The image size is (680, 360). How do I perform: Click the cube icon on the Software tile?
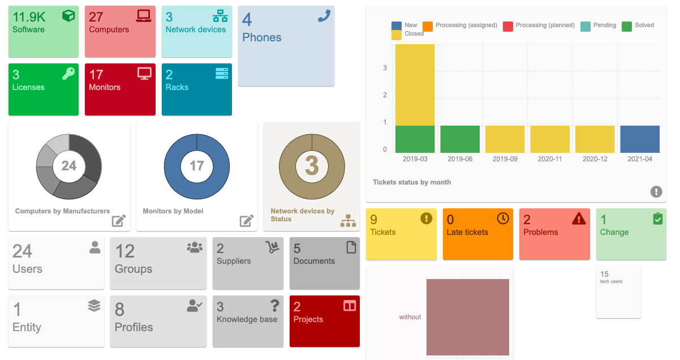(x=68, y=16)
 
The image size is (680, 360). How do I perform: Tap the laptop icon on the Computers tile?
(x=144, y=16)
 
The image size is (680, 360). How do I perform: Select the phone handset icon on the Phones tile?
(x=324, y=16)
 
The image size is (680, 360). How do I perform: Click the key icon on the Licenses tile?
(x=68, y=73)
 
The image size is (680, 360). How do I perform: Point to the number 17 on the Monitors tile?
(x=96, y=75)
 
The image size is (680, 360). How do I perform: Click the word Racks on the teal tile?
(x=177, y=87)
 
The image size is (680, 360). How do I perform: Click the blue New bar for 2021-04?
(x=639, y=139)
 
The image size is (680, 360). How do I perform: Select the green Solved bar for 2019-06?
(x=460, y=139)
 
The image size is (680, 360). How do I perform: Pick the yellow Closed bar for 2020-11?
(x=550, y=139)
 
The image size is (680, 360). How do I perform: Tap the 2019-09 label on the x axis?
(x=505, y=159)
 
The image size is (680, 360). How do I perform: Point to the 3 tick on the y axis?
(x=385, y=68)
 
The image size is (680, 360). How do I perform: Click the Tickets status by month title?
(x=412, y=182)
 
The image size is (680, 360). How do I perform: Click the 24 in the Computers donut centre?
(x=69, y=166)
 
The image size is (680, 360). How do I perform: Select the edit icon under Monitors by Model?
(x=246, y=221)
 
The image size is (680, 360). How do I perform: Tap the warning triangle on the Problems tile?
(x=579, y=218)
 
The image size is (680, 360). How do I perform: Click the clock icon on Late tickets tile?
(x=502, y=218)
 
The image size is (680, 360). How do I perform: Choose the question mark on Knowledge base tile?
(x=274, y=306)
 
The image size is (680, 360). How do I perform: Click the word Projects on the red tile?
(x=308, y=319)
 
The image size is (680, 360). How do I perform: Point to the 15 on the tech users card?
(x=604, y=274)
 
